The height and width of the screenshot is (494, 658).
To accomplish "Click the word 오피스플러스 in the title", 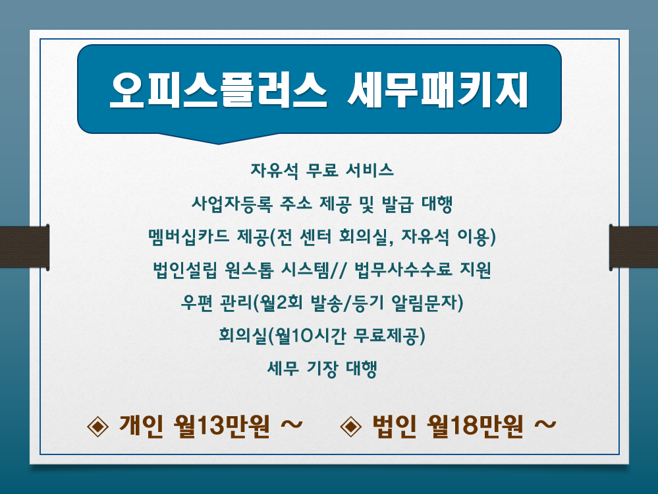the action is click(218, 90).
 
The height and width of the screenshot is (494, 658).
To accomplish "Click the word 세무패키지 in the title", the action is click(438, 90).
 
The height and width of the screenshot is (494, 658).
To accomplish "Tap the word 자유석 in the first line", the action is click(275, 170).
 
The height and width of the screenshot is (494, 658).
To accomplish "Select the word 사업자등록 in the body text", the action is click(232, 204).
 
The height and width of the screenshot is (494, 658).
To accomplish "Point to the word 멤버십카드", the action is click(188, 237).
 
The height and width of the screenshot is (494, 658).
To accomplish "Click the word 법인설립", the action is click(185, 270).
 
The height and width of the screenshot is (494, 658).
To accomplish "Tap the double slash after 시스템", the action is click(339, 270).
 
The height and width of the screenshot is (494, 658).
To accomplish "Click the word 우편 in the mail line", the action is click(197, 303).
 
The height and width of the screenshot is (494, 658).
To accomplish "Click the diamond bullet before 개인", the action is click(97, 426).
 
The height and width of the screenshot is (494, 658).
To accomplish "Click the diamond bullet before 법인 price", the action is click(351, 426).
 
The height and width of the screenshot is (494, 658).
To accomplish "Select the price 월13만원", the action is click(221, 426).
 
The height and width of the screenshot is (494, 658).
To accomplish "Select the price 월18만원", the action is click(475, 426).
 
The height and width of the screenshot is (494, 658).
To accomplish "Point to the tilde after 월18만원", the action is click(545, 425).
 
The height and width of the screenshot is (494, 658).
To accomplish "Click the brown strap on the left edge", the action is click(25, 247).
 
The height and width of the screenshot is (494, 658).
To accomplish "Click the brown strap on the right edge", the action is click(634, 247).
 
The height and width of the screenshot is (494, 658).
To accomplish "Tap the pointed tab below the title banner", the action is click(218, 139).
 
